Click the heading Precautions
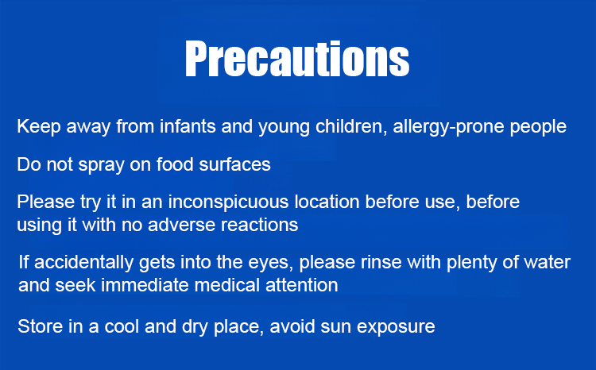point(297,59)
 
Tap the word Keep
point(39,126)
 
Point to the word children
point(351,126)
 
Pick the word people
point(538,127)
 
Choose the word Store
point(40,326)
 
